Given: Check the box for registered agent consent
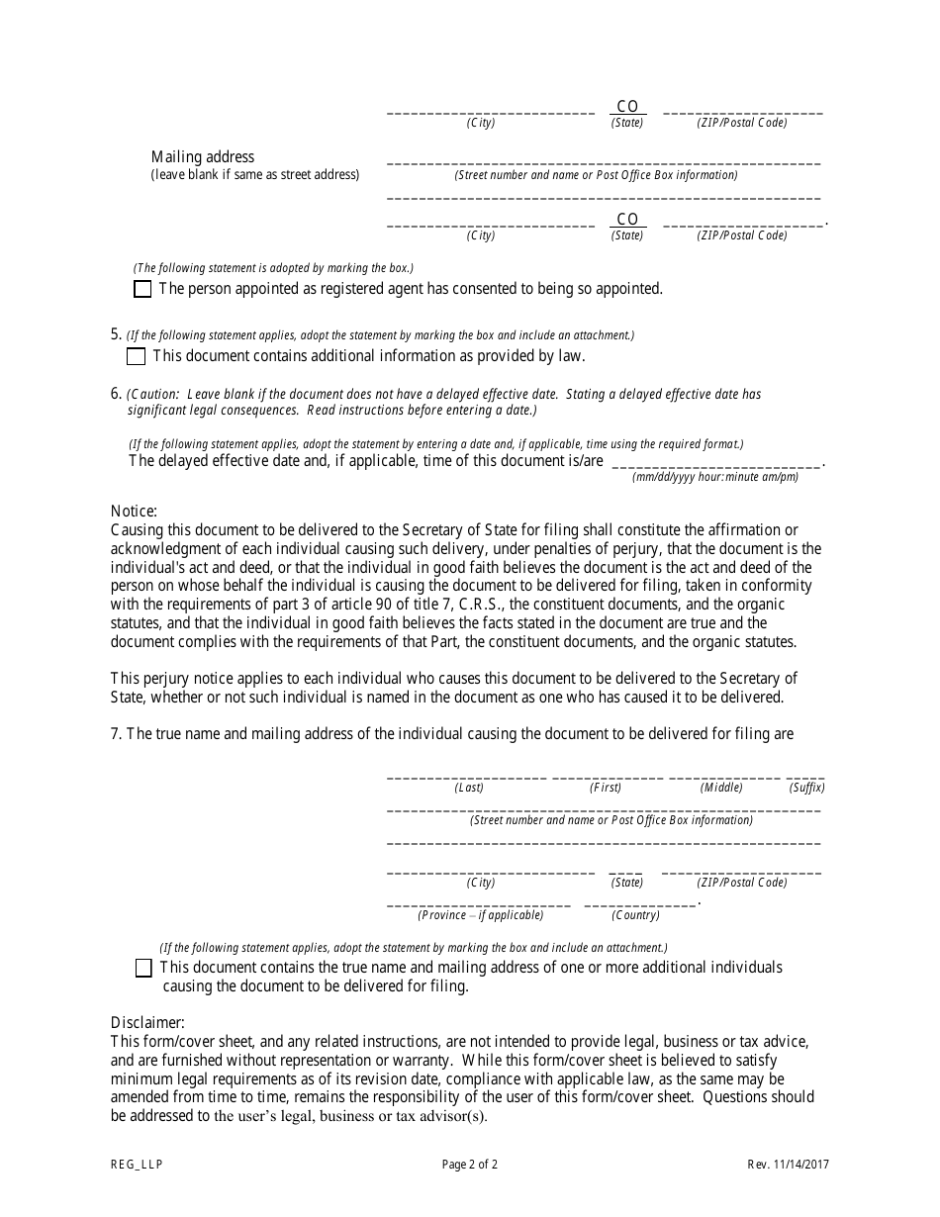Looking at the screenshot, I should (142, 289).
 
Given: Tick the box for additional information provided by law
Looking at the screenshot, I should (136, 356).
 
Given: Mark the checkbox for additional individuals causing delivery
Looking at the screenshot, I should (143, 968).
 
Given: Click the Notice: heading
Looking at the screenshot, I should (134, 512).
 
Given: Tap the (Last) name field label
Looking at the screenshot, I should (469, 788).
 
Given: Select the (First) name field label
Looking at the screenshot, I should (606, 788).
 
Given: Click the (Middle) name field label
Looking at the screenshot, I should (721, 788).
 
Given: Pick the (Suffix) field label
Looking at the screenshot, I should (806, 788).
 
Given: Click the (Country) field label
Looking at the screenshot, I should (636, 915).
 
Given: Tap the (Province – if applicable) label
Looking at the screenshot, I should (480, 915).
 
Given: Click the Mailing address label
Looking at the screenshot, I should (203, 156).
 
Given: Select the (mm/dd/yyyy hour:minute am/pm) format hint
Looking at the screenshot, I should (715, 477).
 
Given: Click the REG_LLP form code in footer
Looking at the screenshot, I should (137, 1165).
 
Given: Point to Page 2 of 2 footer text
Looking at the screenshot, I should (470, 1165).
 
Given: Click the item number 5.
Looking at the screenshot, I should (116, 334).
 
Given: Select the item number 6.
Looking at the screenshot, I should (116, 394).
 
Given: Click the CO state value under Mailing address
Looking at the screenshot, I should (627, 219).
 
